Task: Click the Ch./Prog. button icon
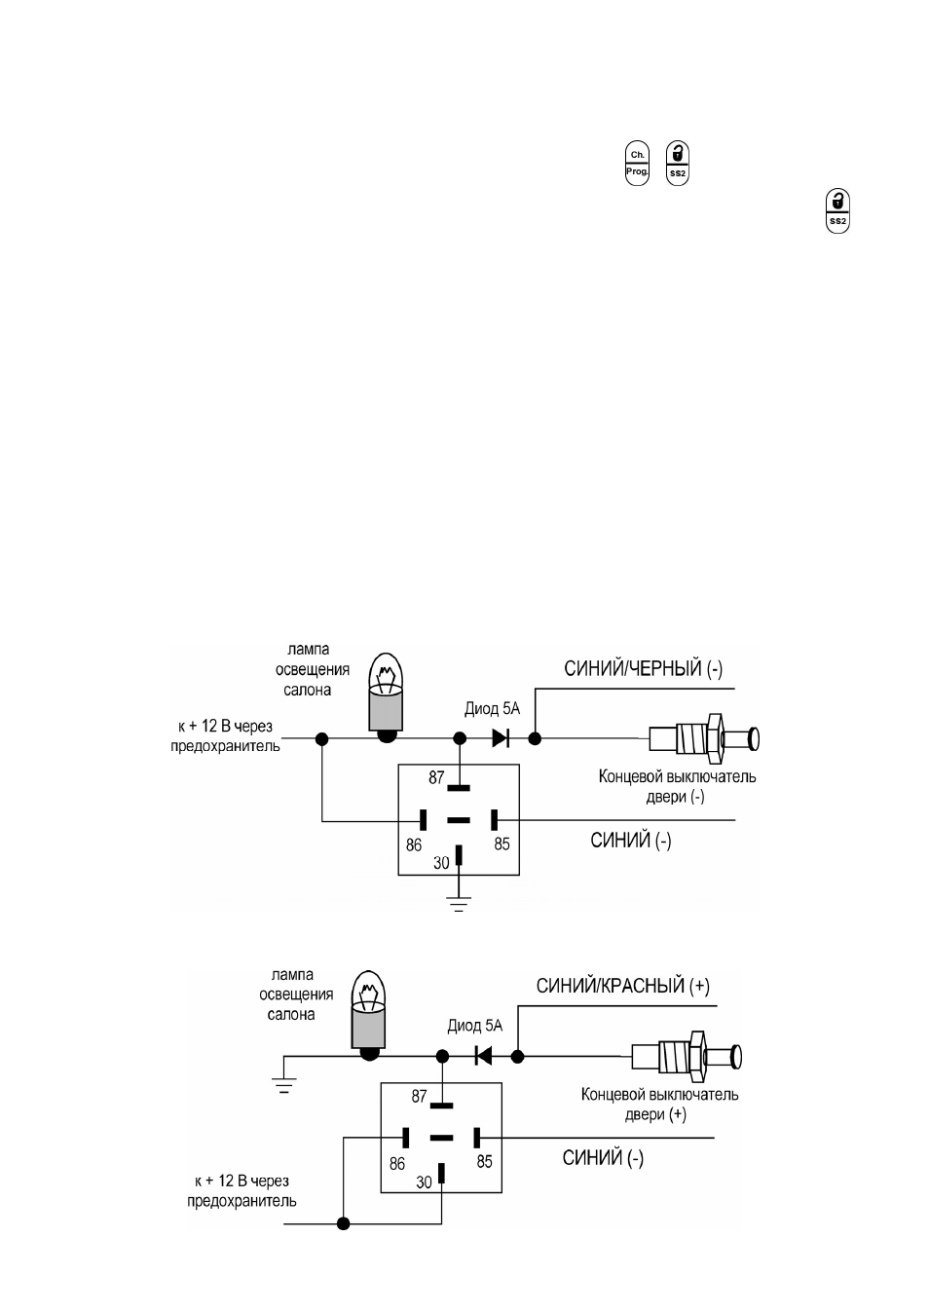(x=637, y=164)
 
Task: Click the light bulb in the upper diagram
(x=386, y=697)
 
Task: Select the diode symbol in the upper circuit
(x=500, y=738)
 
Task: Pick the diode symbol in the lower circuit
(x=483, y=1056)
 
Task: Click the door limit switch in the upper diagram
(x=704, y=738)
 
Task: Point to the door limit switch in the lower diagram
(x=687, y=1057)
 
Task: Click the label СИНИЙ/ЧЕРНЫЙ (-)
(x=643, y=669)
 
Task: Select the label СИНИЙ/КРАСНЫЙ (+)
(x=622, y=987)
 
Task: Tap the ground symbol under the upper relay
(x=459, y=905)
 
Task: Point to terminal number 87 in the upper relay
(x=436, y=777)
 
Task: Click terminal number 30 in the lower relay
(x=424, y=1182)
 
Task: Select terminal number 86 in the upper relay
(x=414, y=844)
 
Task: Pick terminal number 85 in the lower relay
(x=484, y=1162)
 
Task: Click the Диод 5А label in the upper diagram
(x=492, y=709)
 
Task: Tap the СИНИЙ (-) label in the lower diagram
(x=603, y=1158)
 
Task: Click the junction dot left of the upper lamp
(x=321, y=738)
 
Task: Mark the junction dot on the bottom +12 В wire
(x=344, y=1224)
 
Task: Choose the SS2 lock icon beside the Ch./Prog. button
(x=678, y=164)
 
